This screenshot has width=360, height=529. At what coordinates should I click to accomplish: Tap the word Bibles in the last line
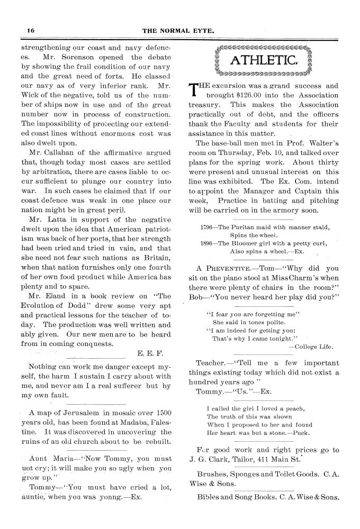tap(209, 498)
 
